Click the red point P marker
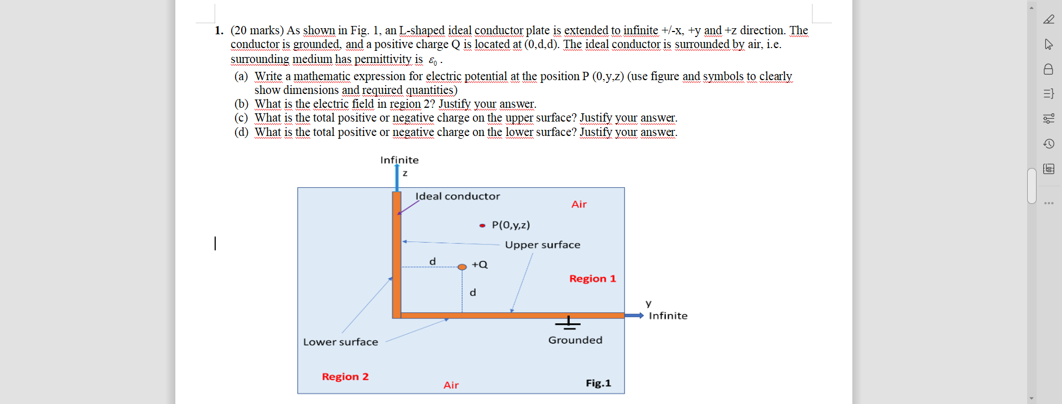point(482,225)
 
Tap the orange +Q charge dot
point(462,267)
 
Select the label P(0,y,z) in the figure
point(511,225)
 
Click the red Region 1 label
point(592,279)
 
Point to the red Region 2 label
point(345,376)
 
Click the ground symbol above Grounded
point(568,322)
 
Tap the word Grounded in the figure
point(575,340)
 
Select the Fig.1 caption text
point(598,383)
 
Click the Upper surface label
point(542,245)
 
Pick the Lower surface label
point(340,342)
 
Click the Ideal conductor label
point(457,196)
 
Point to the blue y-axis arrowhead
point(640,316)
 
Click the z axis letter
point(405,174)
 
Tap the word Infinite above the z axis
point(399,160)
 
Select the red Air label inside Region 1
point(579,204)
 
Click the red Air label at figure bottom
point(451,385)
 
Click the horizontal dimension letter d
point(433,261)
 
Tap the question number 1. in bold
point(219,30)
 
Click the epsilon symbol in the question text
point(432,60)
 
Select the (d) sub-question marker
point(241,132)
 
